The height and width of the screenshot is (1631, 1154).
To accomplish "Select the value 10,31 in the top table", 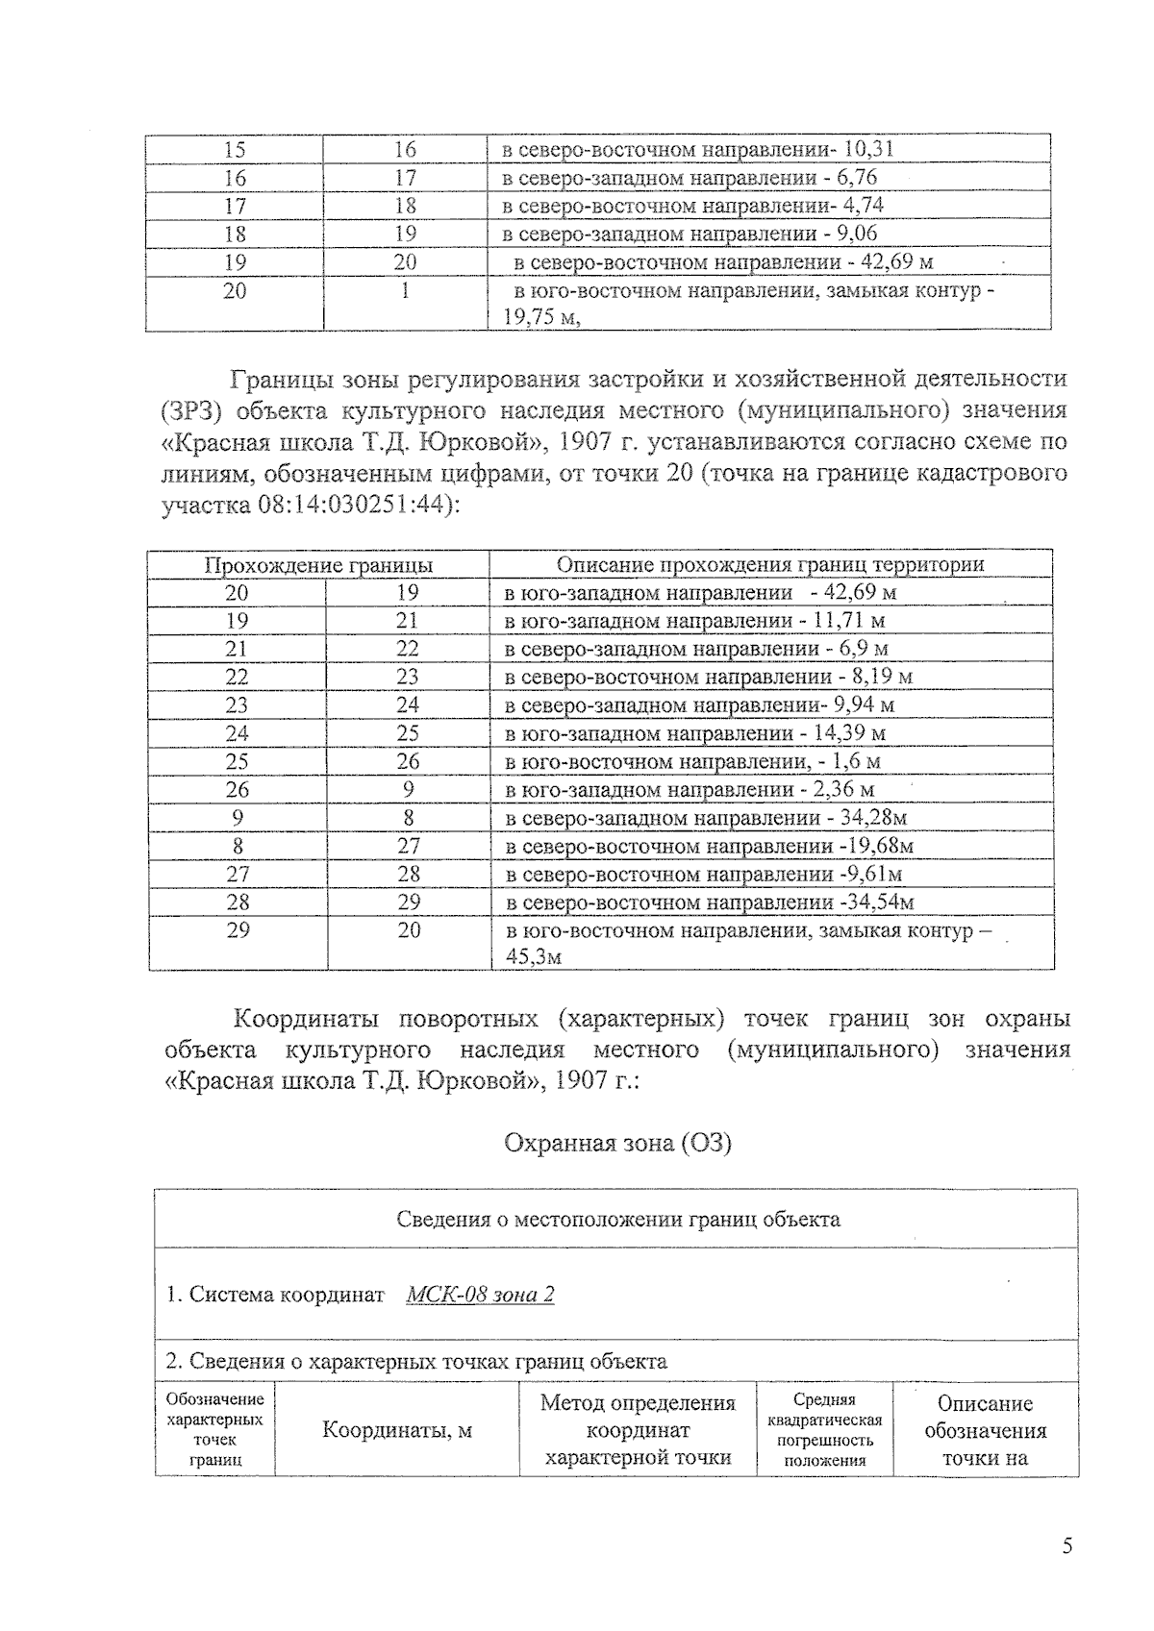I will [x=869, y=149].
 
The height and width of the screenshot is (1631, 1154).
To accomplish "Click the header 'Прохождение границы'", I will [x=318, y=565].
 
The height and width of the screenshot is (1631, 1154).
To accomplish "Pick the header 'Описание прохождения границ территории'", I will [x=770, y=565].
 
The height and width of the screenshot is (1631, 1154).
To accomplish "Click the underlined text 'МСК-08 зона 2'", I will [x=480, y=1295].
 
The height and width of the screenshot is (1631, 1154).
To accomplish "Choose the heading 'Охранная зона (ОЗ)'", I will [x=617, y=1144].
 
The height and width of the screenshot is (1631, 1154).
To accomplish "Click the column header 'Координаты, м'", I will [x=396, y=1430].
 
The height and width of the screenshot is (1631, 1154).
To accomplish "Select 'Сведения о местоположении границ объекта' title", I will [x=617, y=1220].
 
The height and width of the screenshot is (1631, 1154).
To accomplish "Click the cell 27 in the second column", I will [x=408, y=846].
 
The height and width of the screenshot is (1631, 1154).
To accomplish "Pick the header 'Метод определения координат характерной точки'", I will [x=638, y=1430].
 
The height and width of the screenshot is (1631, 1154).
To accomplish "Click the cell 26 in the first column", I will [x=237, y=790].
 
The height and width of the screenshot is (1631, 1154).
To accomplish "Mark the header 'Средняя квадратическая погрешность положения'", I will [x=824, y=1430].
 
